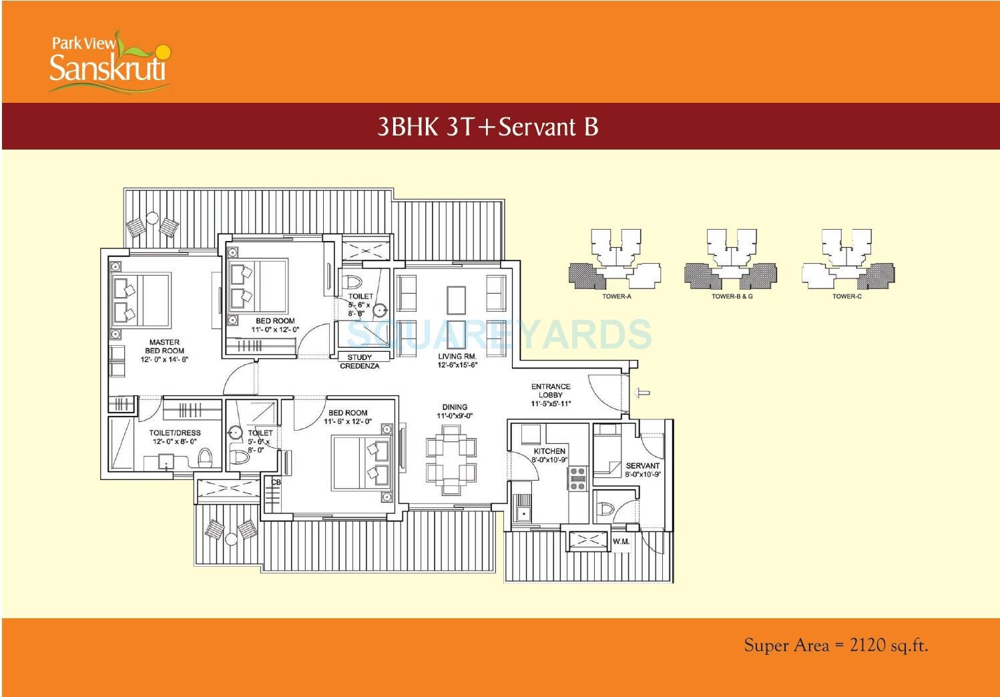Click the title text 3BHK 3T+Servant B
[487, 126]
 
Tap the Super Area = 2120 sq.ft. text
[836, 645]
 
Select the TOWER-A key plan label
[615, 296]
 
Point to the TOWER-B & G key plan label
[732, 296]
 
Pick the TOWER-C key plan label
[846, 296]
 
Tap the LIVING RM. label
[457, 361]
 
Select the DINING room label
[455, 411]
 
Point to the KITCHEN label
[549, 455]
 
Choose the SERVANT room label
[642, 469]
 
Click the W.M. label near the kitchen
[621, 541]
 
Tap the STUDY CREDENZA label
[359, 362]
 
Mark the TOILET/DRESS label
[175, 437]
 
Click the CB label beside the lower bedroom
[276, 482]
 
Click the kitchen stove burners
[577, 479]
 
